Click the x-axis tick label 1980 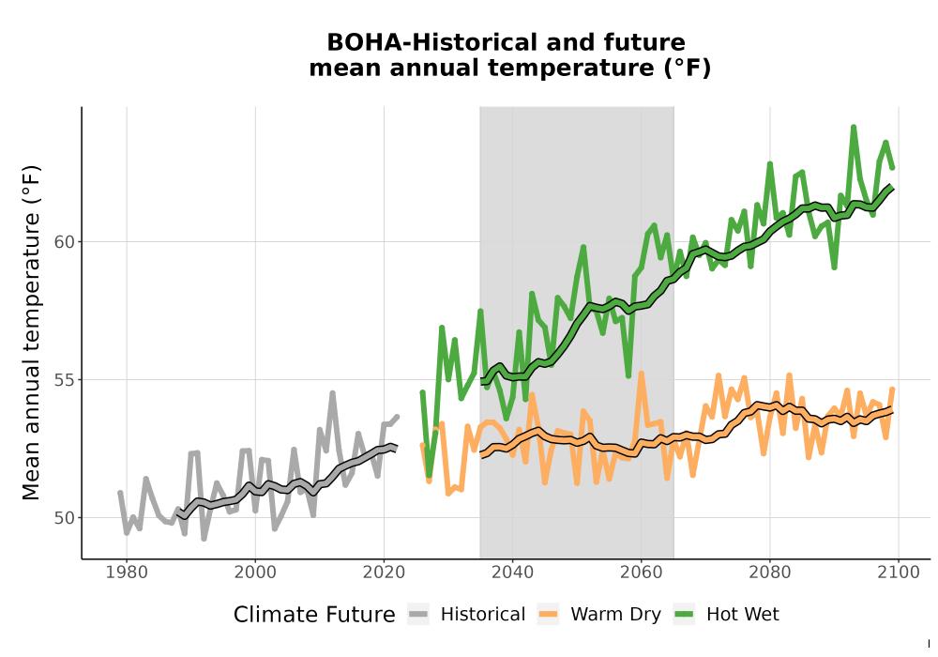click(127, 573)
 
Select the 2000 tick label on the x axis click(255, 573)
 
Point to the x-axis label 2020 click(384, 573)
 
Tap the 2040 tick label click(513, 573)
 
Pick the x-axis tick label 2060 click(642, 573)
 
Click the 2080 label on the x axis click(770, 573)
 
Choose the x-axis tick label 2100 click(899, 573)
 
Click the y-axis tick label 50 click(65, 517)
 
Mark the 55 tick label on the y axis click(65, 380)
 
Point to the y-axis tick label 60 click(65, 242)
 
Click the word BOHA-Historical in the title click(425, 42)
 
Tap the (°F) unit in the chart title click(688, 68)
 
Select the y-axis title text click(31, 332)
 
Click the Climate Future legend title click(314, 615)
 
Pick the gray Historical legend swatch click(418, 615)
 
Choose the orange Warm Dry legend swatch click(548, 615)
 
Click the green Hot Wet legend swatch click(685, 615)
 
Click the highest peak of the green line click(854, 127)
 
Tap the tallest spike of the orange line click(642, 374)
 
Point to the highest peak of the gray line click(333, 393)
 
